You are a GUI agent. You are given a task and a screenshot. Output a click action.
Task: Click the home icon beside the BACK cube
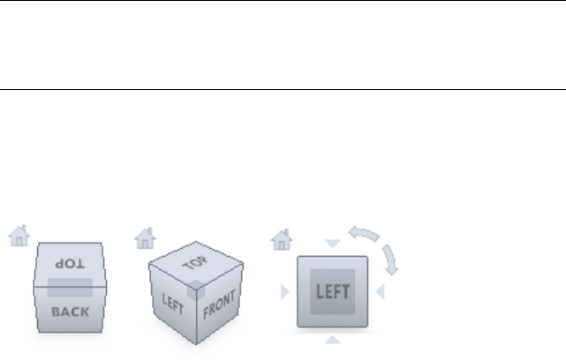19,236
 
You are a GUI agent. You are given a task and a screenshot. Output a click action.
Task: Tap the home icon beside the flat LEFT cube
281,237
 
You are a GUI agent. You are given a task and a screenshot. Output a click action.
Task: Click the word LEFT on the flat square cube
333,291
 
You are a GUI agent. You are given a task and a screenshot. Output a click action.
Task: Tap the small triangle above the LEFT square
332,244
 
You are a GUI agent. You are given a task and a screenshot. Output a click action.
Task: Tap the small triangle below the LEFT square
332,340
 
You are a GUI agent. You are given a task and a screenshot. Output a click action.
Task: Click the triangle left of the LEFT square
284,291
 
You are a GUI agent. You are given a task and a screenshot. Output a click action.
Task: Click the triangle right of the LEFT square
381,290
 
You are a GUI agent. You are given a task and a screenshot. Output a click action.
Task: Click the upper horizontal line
283,1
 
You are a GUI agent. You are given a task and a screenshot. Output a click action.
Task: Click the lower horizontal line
283,88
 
